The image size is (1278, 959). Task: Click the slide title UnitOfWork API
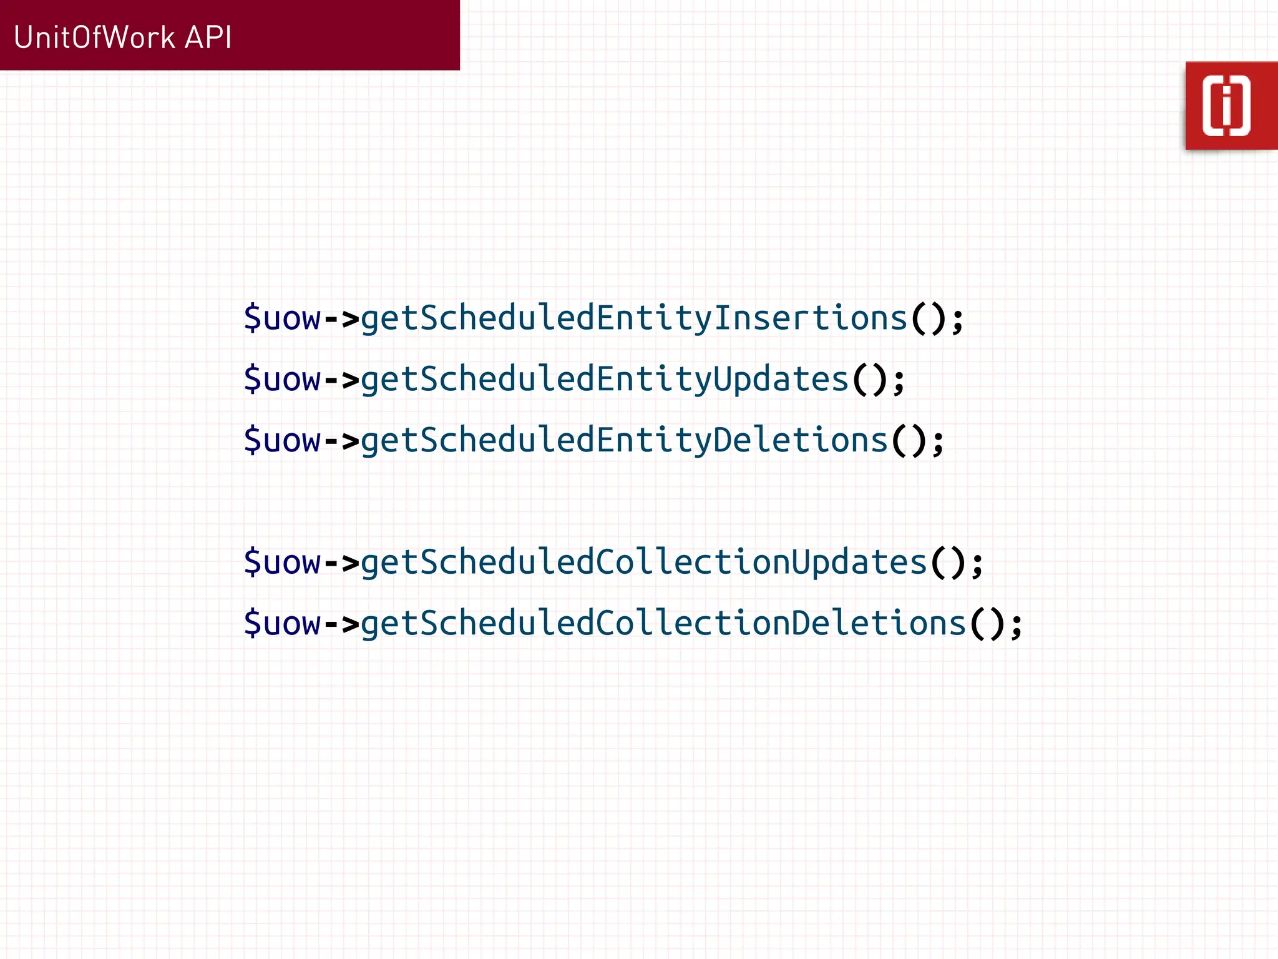tap(122, 37)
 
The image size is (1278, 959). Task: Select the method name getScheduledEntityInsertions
tap(633, 318)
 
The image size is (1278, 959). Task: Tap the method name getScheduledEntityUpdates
tap(604, 380)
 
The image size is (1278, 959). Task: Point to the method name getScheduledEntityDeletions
tap(624, 440)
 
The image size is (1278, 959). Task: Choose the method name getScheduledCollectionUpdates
tap(643, 563)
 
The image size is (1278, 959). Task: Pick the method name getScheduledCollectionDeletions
tap(663, 623)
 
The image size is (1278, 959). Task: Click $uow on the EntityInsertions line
tap(282, 318)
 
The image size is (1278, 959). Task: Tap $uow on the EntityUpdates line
tap(282, 380)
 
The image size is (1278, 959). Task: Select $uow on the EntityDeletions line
tap(282, 440)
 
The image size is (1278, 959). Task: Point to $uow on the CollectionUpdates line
tap(282, 563)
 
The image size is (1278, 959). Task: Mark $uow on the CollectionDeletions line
tap(282, 623)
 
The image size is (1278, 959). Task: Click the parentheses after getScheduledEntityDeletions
tap(908, 441)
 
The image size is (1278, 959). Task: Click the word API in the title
tap(208, 37)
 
